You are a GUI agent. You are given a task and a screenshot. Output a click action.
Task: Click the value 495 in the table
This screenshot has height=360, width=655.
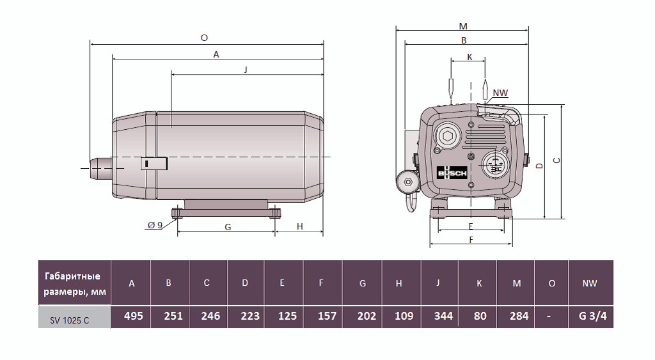pos(132,316)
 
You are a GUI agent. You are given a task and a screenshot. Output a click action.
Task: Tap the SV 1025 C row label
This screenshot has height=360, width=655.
pos(74,317)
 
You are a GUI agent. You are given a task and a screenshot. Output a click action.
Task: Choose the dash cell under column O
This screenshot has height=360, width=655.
pos(551,316)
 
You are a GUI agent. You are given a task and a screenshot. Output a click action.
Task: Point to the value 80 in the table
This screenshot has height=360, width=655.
pos(478,316)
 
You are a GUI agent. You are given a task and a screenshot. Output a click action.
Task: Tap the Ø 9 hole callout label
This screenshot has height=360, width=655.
pos(155,225)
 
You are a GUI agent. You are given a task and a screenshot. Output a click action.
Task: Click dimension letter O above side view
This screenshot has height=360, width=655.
pos(204,38)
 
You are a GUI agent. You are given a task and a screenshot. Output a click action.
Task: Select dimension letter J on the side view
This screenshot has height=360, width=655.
pos(246,69)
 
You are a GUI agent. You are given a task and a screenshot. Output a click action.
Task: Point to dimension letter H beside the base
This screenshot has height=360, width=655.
pos(299,227)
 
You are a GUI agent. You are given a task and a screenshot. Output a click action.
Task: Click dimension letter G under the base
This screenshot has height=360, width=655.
pos(228,227)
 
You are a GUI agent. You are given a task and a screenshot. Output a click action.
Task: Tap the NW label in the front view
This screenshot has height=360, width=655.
pos(500,93)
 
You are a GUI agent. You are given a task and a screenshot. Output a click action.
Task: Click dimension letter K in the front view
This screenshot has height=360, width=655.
pos(470,56)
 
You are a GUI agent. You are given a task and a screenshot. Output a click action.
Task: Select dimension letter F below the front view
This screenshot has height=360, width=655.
pos(471,240)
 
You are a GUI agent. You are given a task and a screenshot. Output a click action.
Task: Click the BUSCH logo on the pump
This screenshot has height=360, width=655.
pos(452,173)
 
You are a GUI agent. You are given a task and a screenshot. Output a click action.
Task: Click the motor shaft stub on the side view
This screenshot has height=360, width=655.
pos(101,168)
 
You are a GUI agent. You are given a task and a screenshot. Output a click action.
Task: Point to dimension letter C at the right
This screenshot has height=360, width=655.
pos(556,160)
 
